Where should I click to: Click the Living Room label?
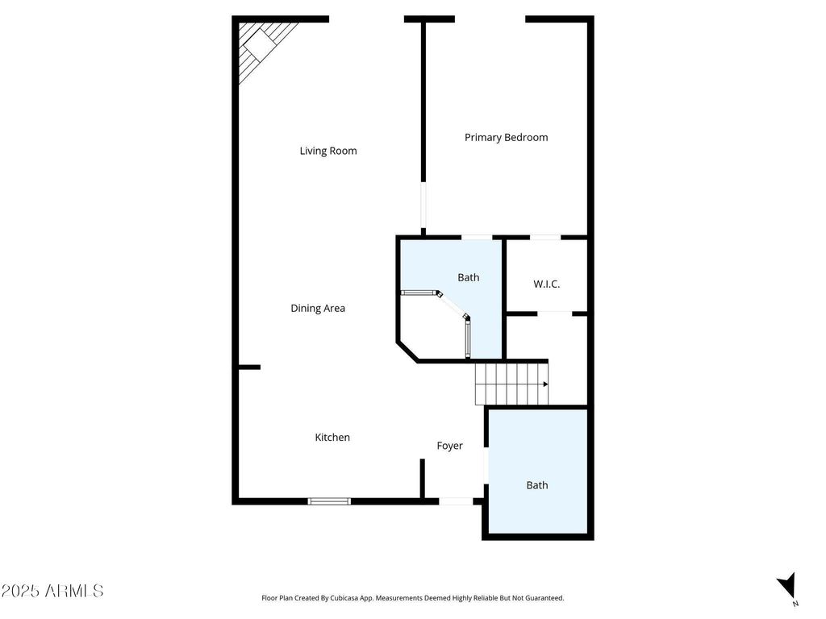[328, 151]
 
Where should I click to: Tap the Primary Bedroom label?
[507, 137]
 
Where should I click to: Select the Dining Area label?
[318, 309]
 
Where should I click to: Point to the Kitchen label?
[332, 438]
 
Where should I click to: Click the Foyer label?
[450, 446]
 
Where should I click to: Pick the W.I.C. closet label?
[546, 285]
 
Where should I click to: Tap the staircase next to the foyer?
[511, 384]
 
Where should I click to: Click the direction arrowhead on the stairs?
[546, 384]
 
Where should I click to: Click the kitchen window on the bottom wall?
[329, 501]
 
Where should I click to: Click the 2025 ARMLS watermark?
[52, 591]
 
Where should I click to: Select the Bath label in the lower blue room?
[537, 485]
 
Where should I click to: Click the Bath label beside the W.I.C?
[469, 277]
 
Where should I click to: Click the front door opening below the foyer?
[456, 501]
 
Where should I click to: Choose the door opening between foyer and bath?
[486, 464]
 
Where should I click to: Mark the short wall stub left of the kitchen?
[250, 367]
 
